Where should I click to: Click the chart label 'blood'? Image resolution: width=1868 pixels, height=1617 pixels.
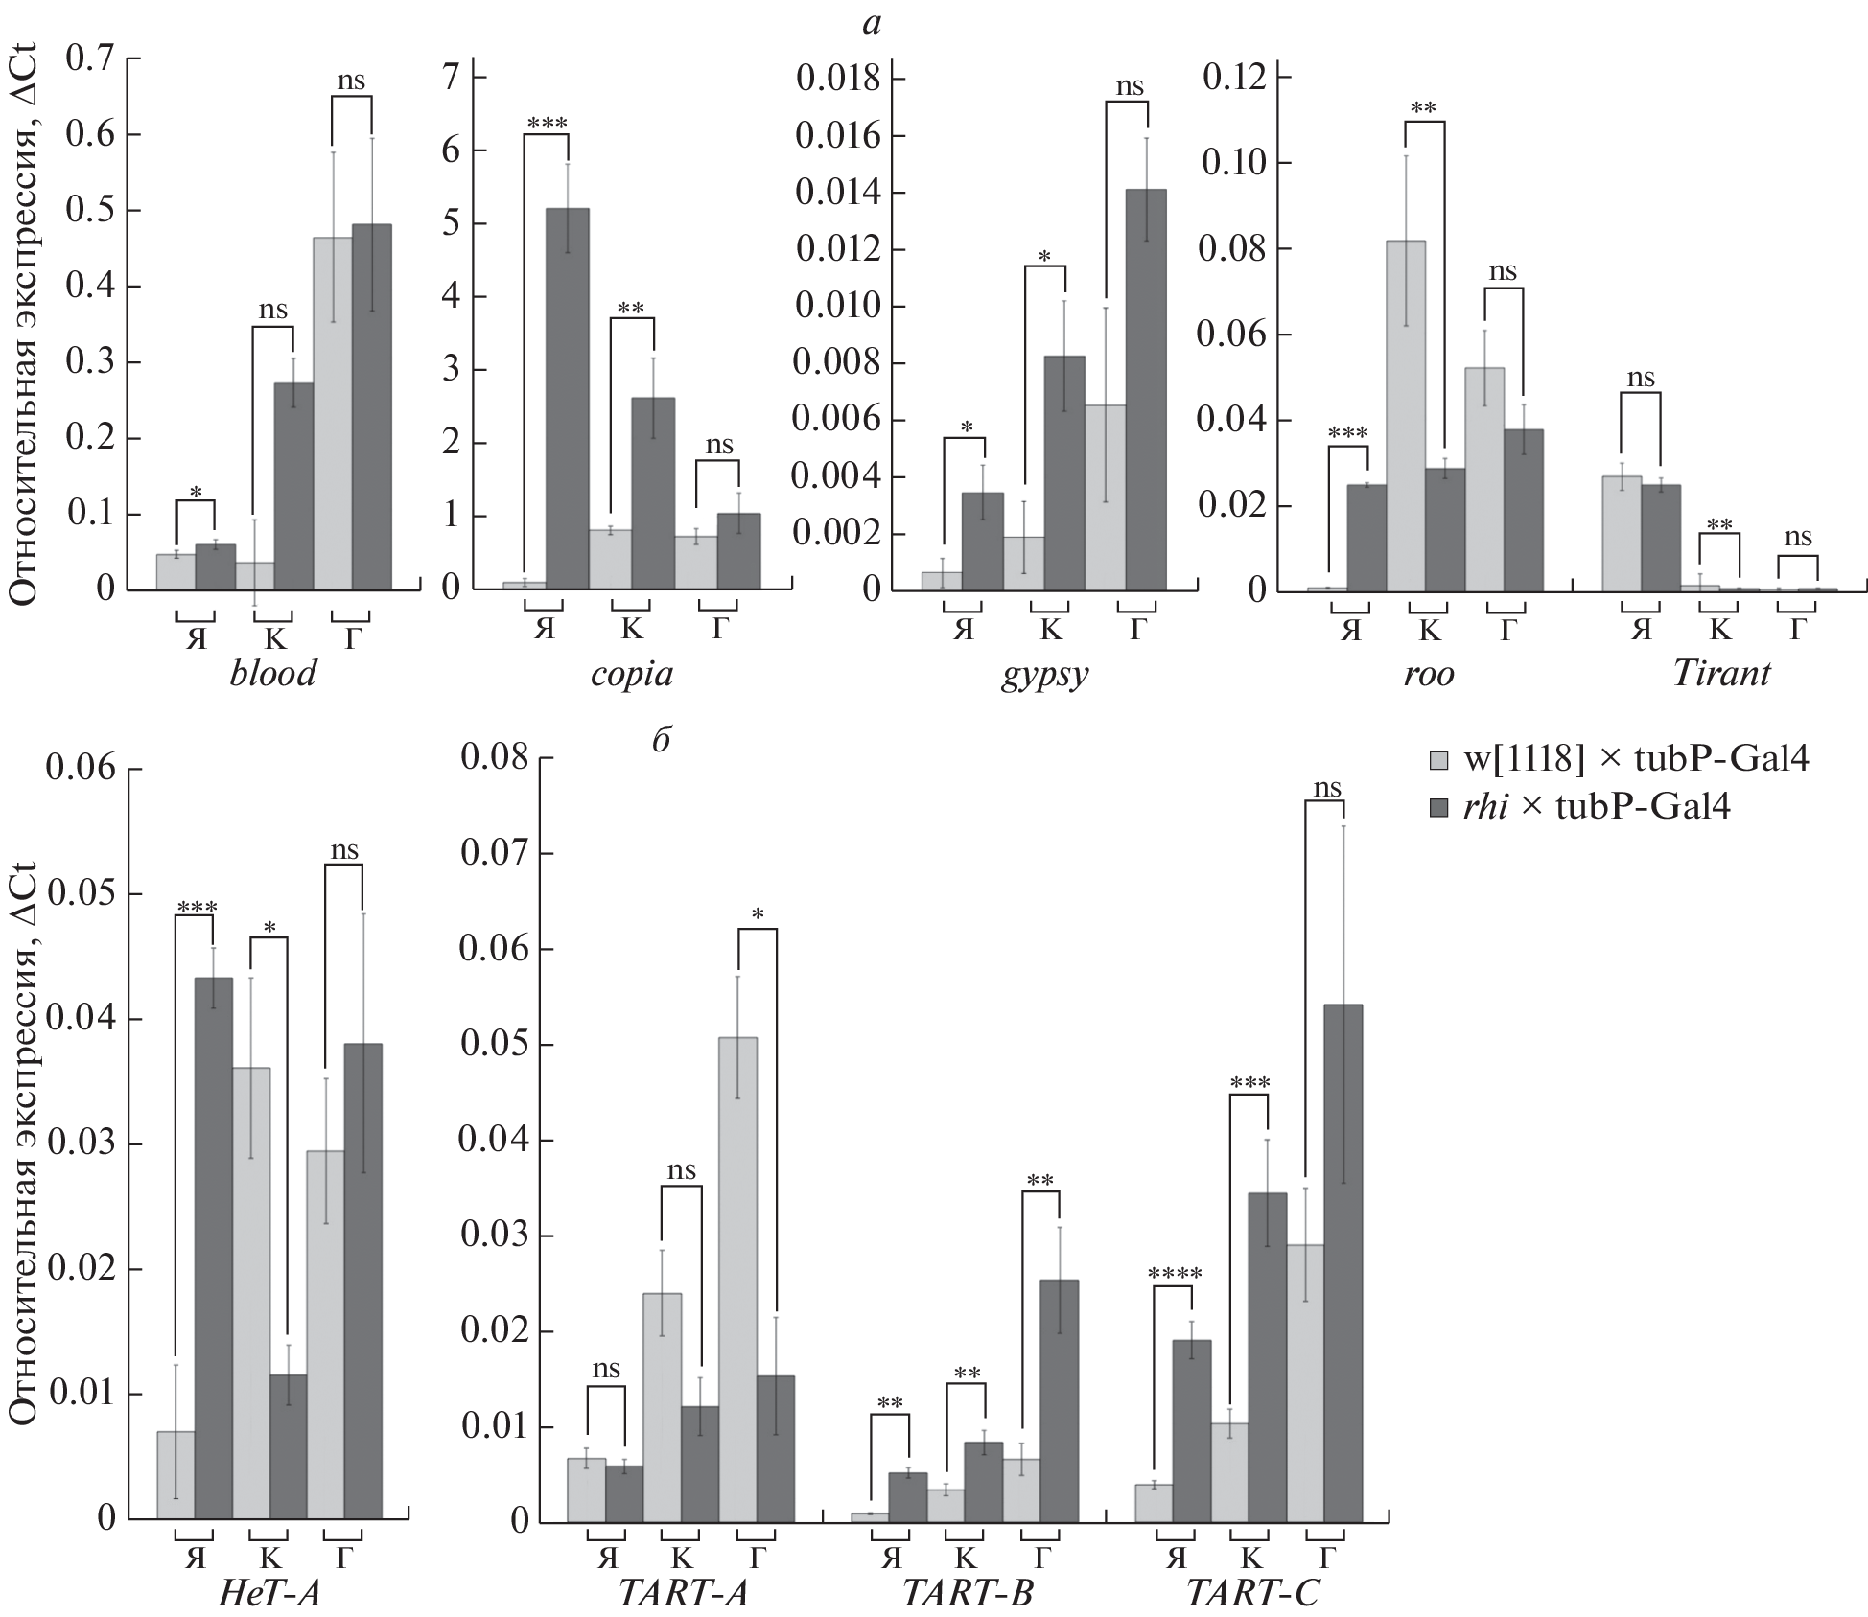pos(273,674)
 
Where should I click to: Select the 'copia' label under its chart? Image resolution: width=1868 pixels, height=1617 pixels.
pos(631,674)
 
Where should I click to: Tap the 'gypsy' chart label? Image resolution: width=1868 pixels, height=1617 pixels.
pos(1044,675)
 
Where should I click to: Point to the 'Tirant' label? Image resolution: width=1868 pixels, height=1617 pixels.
pos(1720,674)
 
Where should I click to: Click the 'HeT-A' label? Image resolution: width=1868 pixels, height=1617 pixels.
pos(269,1593)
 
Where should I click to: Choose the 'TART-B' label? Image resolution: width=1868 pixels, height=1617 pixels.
pos(967,1593)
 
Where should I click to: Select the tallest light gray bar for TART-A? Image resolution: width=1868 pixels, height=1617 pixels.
pos(737,1279)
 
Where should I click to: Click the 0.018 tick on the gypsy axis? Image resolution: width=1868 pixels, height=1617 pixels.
pos(838,80)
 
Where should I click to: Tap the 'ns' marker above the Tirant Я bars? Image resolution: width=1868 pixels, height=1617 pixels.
pos(1641,378)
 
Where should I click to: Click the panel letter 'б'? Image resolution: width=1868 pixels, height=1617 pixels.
pos(661,741)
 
